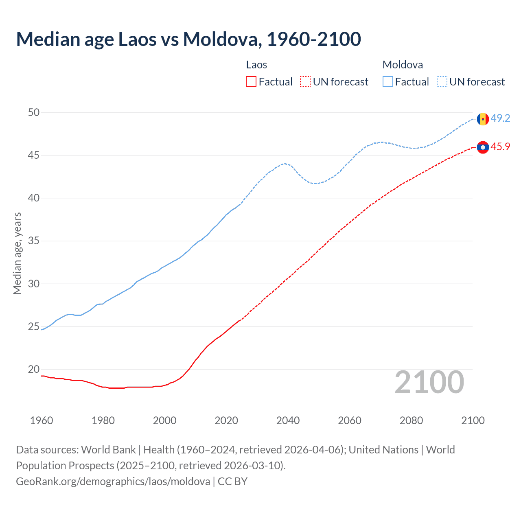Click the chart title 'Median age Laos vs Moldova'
[188, 39]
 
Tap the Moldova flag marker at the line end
[483, 119]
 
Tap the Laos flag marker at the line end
[483, 147]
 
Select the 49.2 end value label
[500, 118]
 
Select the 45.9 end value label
[500, 147]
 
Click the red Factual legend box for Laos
[251, 82]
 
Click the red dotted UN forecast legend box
[305, 82]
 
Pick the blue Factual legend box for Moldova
[388, 82]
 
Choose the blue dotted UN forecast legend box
[442, 82]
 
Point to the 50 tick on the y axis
[34, 112]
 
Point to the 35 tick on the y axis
[34, 241]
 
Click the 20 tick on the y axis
[34, 370]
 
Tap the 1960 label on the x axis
[42, 420]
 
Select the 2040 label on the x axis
[288, 420]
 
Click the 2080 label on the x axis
[411, 420]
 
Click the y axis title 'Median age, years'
[17, 253]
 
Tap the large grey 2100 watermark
[429, 382]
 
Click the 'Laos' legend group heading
[256, 65]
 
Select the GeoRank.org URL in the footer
[113, 482]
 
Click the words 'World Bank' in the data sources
[108, 450]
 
